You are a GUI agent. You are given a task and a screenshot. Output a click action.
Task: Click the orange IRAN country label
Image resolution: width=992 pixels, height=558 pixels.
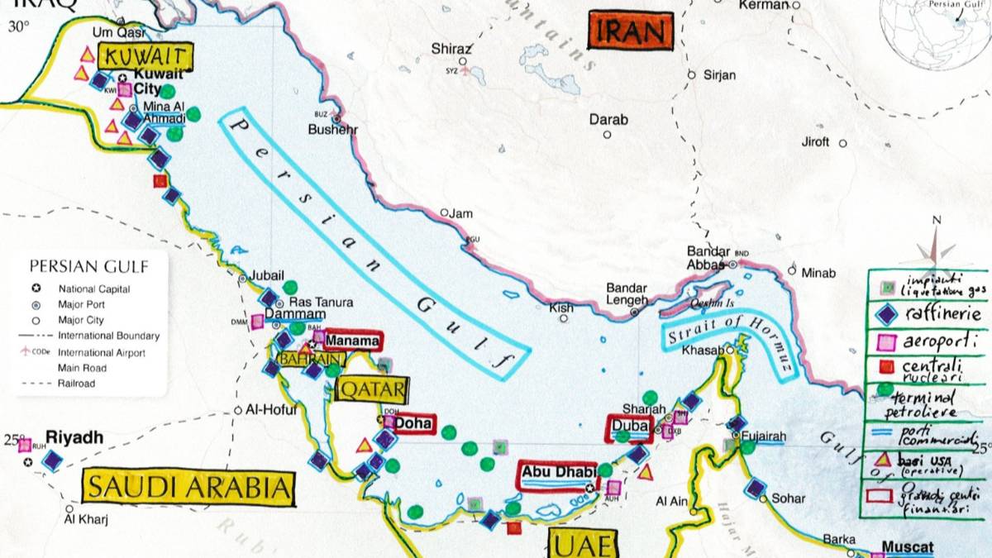pos(629,31)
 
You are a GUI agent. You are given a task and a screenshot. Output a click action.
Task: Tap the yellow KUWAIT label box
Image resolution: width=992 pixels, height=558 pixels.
pos(145,58)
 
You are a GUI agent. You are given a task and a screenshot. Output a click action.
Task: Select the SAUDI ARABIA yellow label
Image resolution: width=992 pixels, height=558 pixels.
pos(188,488)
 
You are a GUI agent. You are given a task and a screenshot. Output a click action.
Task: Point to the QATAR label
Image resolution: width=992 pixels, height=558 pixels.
pos(373,389)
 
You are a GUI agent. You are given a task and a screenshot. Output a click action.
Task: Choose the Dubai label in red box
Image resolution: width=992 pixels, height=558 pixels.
pos(630,427)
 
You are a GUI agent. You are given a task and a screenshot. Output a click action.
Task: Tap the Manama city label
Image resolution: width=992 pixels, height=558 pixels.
pos(352,340)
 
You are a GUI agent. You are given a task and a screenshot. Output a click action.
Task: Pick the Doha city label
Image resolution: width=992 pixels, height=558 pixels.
pos(413,423)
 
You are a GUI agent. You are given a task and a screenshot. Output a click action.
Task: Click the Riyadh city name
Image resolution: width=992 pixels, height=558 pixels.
pos(74,437)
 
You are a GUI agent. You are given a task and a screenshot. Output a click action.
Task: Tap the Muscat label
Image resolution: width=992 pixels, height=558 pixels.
pos(907,546)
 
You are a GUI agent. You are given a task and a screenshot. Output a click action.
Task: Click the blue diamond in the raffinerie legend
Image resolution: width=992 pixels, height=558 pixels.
pos(885,315)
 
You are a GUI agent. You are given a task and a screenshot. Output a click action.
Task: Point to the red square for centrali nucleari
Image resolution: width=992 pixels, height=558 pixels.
pos(885,365)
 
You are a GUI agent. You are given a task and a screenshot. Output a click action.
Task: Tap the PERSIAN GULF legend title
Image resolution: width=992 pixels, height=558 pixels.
pos(88,266)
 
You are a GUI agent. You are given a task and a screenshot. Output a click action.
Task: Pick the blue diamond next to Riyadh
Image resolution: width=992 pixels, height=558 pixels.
pos(54,460)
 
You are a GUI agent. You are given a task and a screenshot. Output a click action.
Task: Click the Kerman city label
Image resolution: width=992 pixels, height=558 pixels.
pos(765,5)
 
